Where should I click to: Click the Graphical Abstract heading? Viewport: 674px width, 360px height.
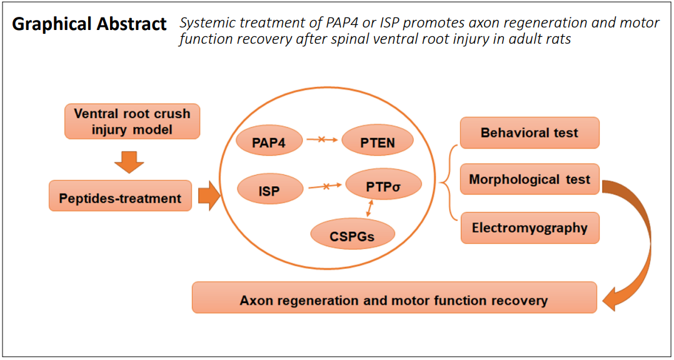tap(89, 25)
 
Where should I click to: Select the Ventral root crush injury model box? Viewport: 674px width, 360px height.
tap(132, 121)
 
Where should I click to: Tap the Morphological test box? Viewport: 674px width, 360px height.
tap(529, 179)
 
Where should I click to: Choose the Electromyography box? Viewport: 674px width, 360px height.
tap(529, 227)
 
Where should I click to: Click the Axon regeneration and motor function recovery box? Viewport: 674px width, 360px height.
tap(394, 297)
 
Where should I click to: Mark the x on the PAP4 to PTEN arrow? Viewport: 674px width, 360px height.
tap(321, 139)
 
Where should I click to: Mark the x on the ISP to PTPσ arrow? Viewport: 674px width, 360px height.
tap(326, 186)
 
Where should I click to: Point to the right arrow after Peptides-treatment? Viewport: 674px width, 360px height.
tap(209, 196)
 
